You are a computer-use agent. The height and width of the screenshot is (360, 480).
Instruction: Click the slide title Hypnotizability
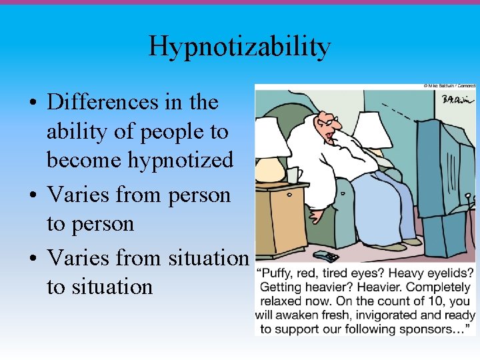[239, 47]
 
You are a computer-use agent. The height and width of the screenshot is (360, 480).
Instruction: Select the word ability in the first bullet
[71, 131]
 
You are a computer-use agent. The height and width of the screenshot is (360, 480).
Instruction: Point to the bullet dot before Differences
[32, 103]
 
